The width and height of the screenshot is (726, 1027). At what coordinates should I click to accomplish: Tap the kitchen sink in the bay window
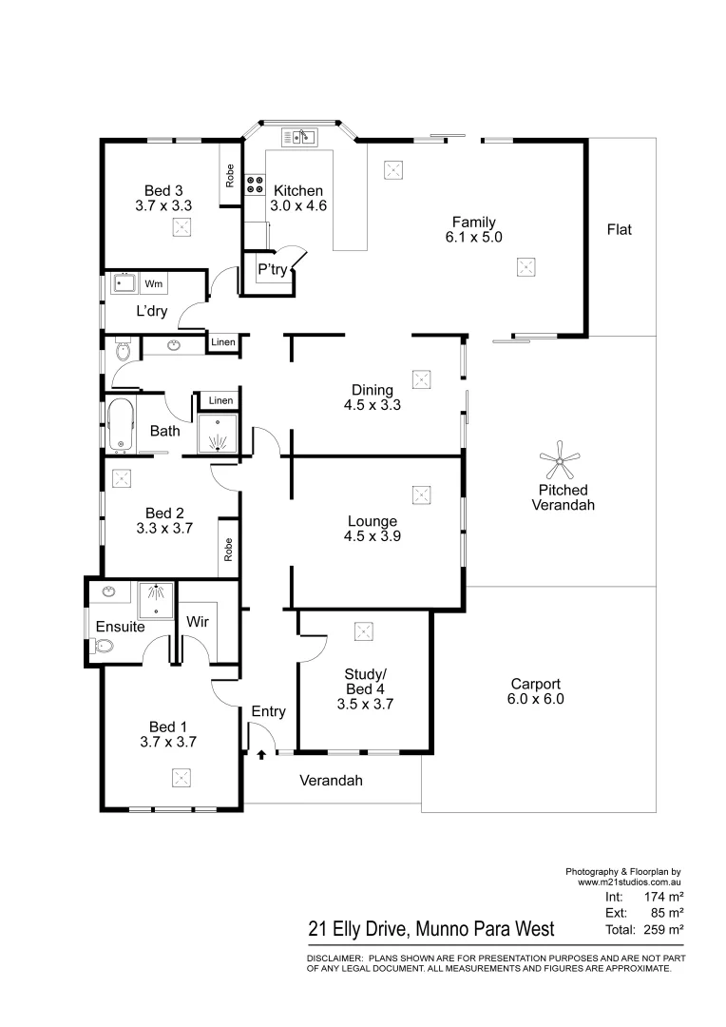coord(303,138)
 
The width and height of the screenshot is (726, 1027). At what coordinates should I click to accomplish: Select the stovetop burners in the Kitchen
coord(256,184)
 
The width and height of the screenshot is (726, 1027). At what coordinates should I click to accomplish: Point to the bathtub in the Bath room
coord(120,424)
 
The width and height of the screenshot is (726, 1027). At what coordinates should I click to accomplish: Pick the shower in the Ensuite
coord(154,600)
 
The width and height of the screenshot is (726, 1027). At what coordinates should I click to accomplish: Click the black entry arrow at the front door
coord(261,755)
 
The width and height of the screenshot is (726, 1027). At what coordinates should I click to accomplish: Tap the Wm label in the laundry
coord(154,283)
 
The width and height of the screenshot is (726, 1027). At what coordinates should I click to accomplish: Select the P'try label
coord(273,270)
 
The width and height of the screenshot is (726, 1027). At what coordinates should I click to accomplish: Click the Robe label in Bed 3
coord(230,175)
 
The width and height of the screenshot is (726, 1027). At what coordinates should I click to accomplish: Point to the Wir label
coord(198,622)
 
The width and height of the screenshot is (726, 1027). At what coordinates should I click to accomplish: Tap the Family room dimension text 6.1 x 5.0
coord(473,238)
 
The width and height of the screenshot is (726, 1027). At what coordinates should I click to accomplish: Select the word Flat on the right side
coord(619,229)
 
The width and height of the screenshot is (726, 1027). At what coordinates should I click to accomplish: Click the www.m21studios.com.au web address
coord(630,882)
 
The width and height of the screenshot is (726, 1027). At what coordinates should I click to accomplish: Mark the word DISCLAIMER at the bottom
coord(334,959)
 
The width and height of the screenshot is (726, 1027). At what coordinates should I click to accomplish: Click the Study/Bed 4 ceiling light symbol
coord(362,630)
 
